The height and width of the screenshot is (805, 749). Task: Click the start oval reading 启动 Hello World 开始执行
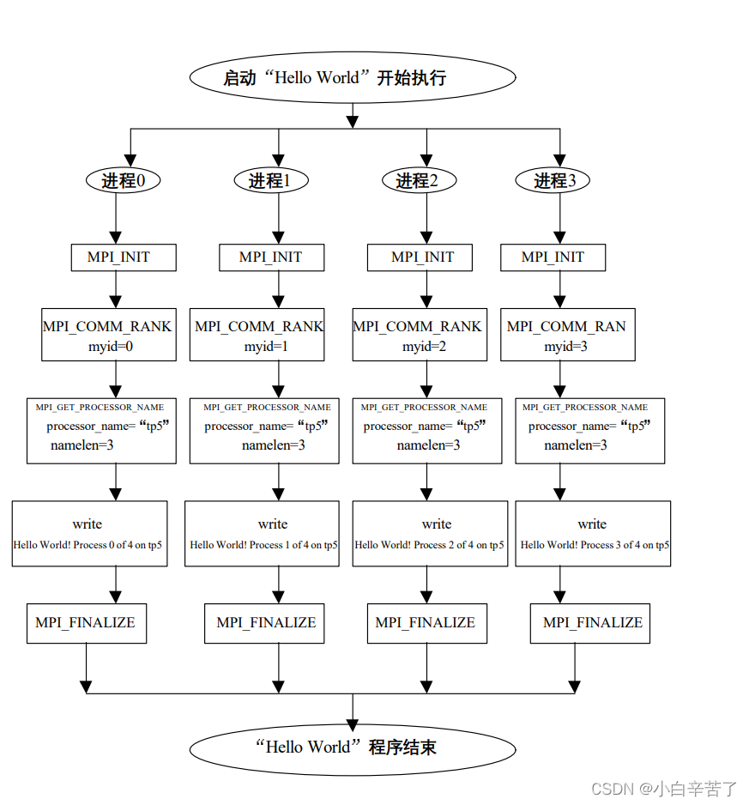tap(352, 77)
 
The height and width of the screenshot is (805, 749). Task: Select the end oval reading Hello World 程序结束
tap(352, 747)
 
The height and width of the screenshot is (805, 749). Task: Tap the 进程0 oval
tap(124, 181)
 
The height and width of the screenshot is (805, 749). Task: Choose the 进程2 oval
tap(419, 181)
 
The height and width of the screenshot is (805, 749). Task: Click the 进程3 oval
tap(552, 181)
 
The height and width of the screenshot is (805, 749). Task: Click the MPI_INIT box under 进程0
tap(123, 257)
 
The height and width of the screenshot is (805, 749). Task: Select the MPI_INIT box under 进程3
tap(553, 257)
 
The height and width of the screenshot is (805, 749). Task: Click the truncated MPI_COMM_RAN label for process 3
tap(566, 326)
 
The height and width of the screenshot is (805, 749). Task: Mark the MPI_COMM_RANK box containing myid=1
tap(257, 335)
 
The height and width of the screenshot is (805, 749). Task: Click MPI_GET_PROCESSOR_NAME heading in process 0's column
tap(100, 407)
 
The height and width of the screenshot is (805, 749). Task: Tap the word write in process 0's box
tap(88, 524)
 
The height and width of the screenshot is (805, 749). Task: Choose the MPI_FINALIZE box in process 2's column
tap(426, 623)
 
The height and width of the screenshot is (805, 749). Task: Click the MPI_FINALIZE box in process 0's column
tap(86, 623)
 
